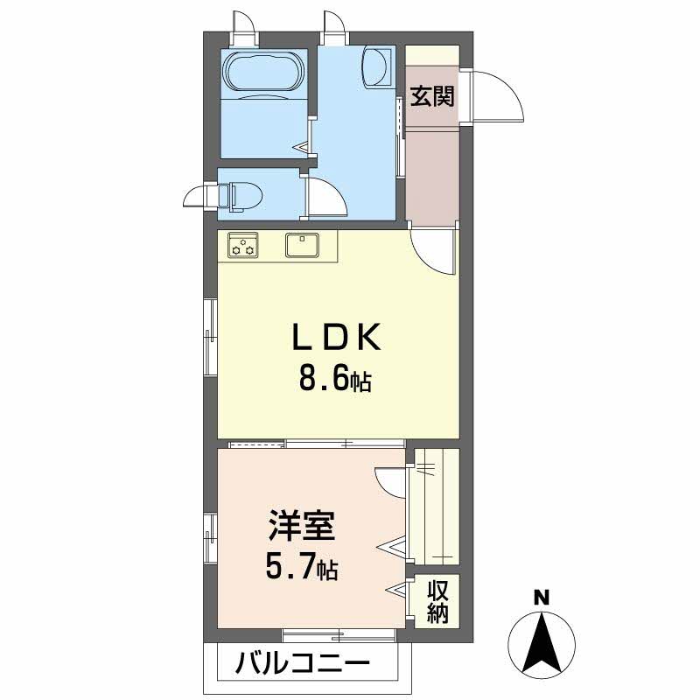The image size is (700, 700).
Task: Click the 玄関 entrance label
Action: [432, 96]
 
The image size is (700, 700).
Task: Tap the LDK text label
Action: [336, 339]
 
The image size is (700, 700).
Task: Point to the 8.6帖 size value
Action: [336, 381]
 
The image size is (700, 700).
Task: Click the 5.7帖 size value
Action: [301, 570]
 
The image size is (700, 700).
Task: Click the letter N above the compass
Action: [542, 598]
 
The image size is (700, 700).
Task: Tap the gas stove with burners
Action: [243, 246]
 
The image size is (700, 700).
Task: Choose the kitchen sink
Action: [304, 245]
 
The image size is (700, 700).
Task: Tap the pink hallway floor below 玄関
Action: [431, 175]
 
